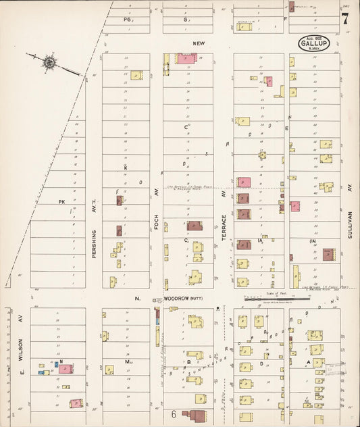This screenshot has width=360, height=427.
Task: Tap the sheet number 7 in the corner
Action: click(x=345, y=18)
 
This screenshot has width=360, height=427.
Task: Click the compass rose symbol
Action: click(x=49, y=64)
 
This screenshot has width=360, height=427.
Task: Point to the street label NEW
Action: click(x=198, y=43)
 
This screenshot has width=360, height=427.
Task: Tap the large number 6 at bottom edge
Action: click(x=174, y=413)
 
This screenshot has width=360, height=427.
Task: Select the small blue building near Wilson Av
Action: click(x=42, y=372)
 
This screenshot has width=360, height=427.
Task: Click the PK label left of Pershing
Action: click(x=61, y=201)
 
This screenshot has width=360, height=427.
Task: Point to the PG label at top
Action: click(x=126, y=20)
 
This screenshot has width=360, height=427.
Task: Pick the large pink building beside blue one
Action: click(x=66, y=368)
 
